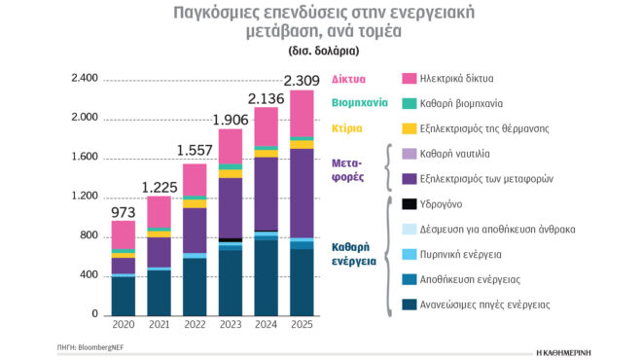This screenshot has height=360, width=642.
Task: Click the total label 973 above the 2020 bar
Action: click(124, 210)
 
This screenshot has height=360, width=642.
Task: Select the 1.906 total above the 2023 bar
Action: click(231, 119)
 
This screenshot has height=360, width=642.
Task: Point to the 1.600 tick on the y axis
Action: click(86, 158)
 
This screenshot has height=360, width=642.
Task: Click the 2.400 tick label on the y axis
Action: click(86, 79)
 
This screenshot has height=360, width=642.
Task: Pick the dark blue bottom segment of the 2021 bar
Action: click(159, 293)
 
